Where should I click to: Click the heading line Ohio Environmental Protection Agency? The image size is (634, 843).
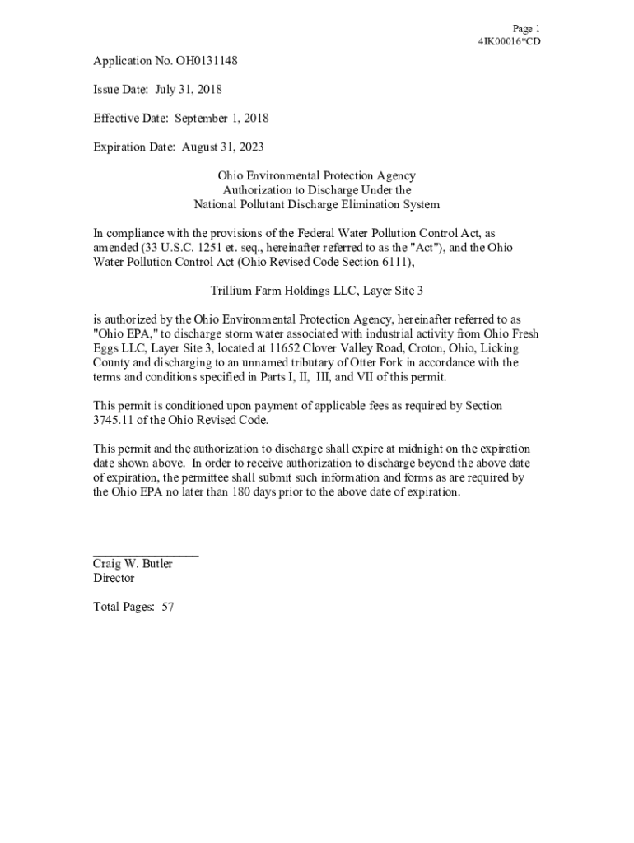[x=316, y=175]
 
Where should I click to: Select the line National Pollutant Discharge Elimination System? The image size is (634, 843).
[x=316, y=204]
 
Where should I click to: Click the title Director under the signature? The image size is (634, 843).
[x=114, y=578]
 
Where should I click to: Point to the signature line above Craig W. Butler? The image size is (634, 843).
[x=145, y=556]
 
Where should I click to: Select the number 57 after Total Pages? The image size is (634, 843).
[x=168, y=607]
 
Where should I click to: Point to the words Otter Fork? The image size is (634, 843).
[x=379, y=362]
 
